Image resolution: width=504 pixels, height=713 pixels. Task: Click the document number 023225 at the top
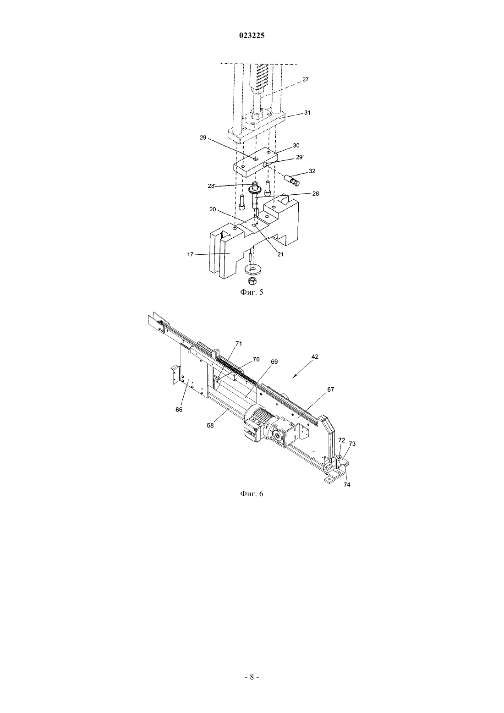[x=252, y=36]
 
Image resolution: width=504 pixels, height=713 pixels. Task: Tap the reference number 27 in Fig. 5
[x=305, y=79]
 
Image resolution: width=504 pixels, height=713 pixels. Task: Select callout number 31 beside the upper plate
[x=307, y=112]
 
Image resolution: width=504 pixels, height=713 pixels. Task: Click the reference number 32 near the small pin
[x=312, y=171]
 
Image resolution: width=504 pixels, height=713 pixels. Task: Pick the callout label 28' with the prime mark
[x=212, y=186]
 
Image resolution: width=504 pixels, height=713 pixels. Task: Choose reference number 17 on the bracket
[x=190, y=254]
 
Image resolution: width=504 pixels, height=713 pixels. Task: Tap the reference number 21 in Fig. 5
[x=280, y=254]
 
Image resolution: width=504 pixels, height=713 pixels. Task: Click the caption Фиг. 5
[x=252, y=292]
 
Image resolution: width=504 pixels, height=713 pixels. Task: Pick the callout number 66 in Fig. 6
[x=179, y=410]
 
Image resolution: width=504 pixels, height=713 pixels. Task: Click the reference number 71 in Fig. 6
[x=239, y=344]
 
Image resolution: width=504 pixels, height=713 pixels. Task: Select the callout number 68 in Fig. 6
[x=210, y=425]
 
